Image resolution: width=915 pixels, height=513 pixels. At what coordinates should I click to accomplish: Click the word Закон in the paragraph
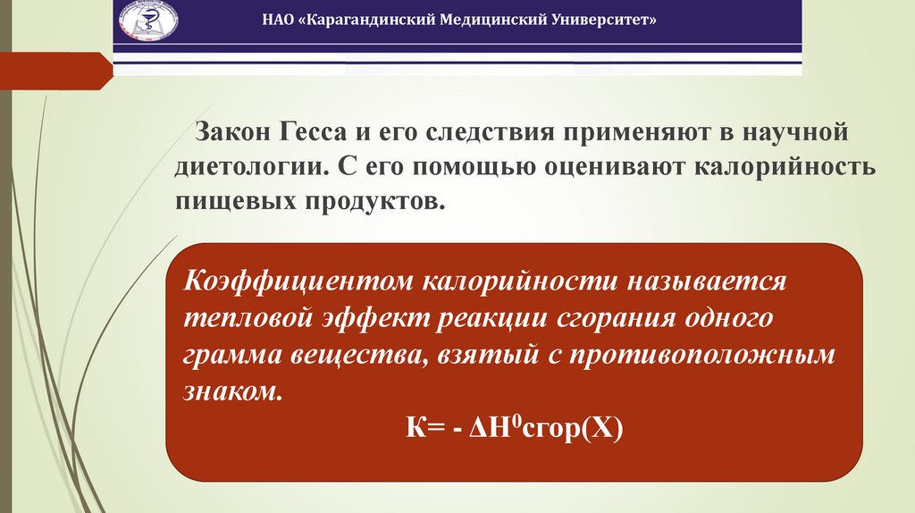coord(231,132)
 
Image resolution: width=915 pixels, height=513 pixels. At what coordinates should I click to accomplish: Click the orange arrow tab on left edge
coord(54,70)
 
